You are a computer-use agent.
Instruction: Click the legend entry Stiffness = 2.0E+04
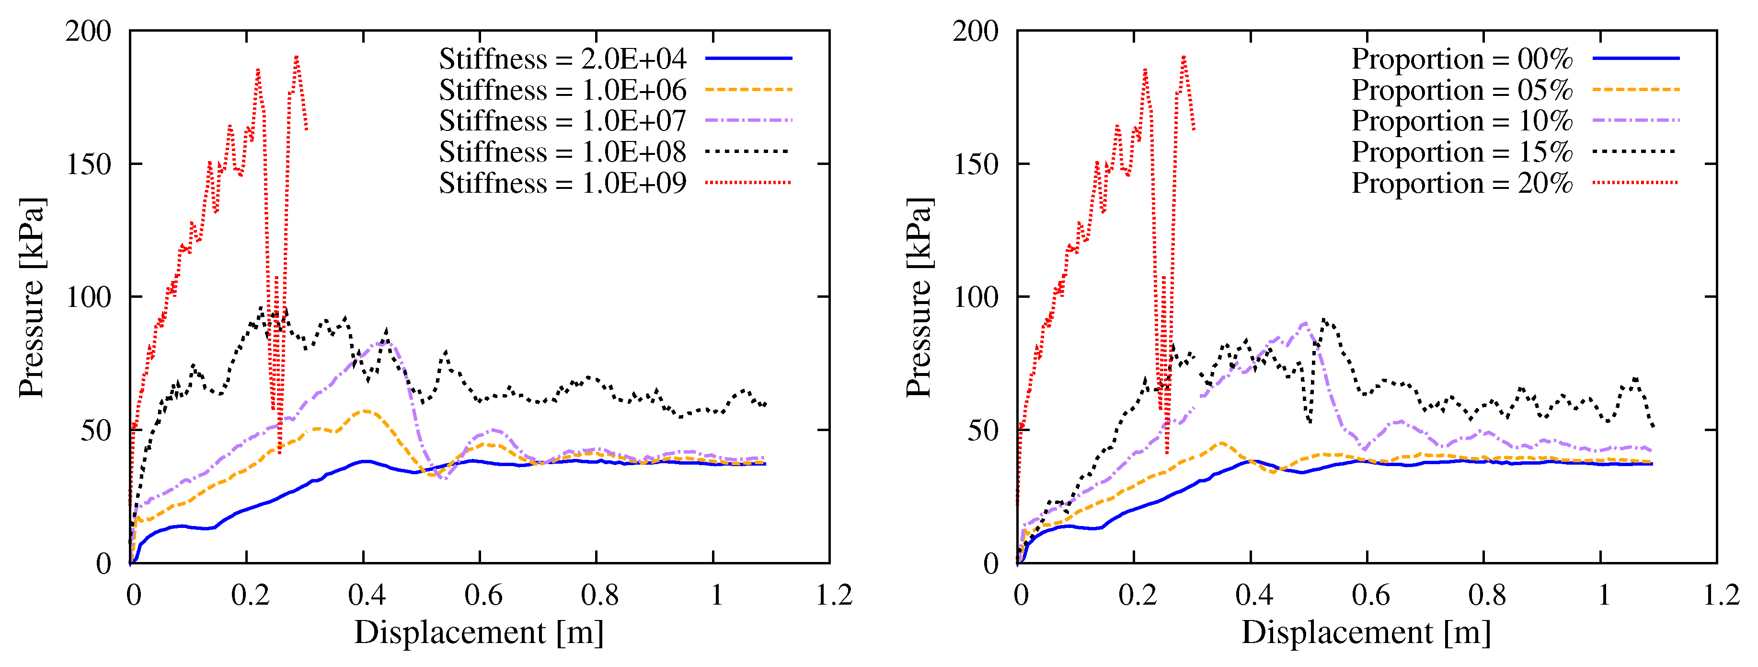coord(563,59)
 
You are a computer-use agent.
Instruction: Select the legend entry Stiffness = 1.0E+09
coord(563,183)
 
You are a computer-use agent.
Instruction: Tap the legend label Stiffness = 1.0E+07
coord(563,121)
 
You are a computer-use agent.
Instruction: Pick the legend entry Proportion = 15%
coord(1462,152)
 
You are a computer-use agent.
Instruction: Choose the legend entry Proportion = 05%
coord(1462,90)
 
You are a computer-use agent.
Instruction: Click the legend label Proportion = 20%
coord(1462,183)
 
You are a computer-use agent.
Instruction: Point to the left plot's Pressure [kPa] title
coord(32,297)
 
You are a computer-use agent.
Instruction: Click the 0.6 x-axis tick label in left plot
coord(483,596)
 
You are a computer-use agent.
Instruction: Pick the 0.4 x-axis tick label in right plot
coord(1253,596)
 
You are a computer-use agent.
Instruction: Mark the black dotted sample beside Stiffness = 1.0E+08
coord(748,152)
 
